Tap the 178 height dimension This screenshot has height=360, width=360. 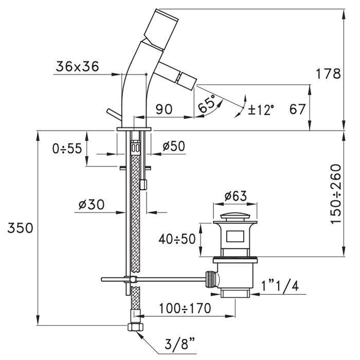pyautogui.click(x=330, y=74)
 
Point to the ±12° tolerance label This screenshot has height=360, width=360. pyautogui.click(x=261, y=109)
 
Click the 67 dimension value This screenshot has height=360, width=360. pyautogui.click(x=298, y=109)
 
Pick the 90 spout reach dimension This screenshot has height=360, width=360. pyautogui.click(x=163, y=109)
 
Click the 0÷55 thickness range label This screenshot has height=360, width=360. pyautogui.click(x=67, y=149)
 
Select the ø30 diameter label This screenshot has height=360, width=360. pyautogui.click(x=92, y=205)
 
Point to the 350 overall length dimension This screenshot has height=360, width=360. pyautogui.click(x=20, y=228)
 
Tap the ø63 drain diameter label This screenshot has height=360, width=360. pyautogui.click(x=236, y=196)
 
